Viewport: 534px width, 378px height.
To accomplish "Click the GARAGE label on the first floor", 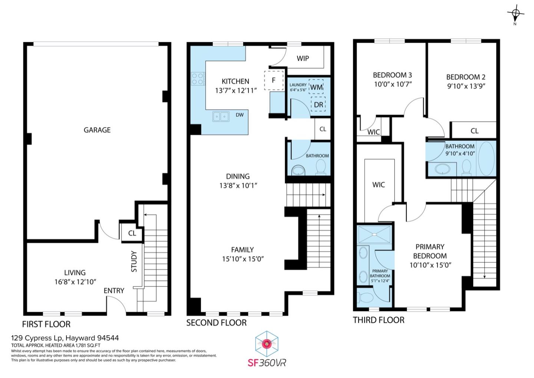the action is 97,130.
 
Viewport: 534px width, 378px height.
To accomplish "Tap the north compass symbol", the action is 515,14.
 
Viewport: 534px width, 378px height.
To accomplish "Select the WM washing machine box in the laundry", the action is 316,87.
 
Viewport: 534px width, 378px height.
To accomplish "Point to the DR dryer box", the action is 318,104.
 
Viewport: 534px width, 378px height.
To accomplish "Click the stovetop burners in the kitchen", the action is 198,79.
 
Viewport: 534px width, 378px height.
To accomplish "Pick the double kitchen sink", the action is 221,117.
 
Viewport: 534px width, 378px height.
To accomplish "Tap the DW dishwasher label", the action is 240,115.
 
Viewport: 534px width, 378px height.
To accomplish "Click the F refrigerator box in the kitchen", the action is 274,81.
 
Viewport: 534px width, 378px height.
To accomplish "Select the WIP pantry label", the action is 303,58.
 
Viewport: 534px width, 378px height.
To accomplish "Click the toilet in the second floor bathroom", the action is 321,167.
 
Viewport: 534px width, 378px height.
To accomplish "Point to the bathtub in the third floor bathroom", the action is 486,159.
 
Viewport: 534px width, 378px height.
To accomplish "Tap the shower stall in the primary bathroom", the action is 374,235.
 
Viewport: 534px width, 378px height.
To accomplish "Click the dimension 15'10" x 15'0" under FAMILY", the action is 243,259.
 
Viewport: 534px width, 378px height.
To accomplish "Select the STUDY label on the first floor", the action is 134,261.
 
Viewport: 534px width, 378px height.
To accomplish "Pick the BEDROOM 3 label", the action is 392,75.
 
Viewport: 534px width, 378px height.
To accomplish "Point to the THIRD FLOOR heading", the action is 379,320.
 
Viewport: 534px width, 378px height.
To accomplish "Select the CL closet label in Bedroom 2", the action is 474,131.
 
